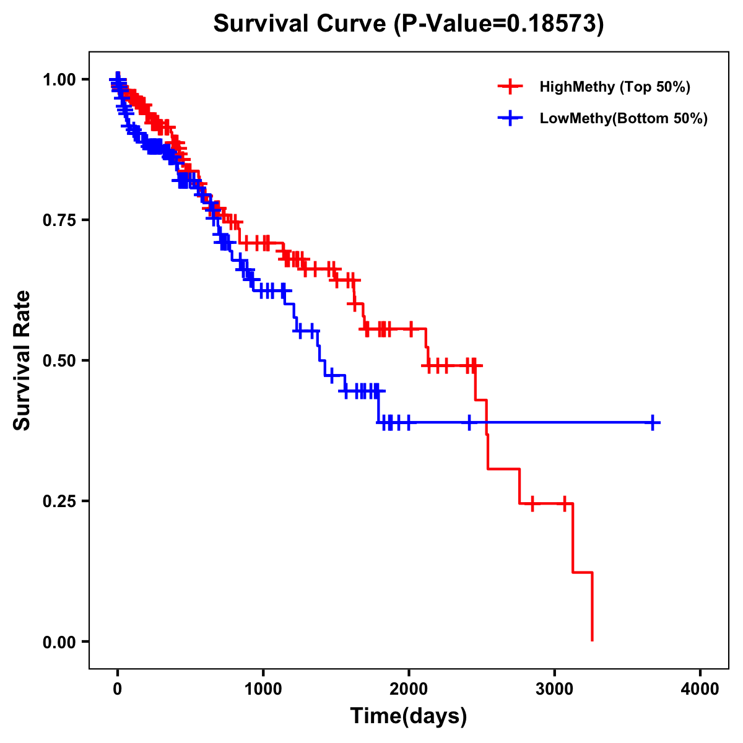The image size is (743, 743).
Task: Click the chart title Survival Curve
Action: click(x=300, y=24)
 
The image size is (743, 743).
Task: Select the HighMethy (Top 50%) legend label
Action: click(x=614, y=87)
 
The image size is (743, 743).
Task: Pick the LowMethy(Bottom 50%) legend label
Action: click(x=624, y=118)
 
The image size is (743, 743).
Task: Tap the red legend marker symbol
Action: click(x=510, y=87)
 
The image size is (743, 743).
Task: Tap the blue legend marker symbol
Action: click(x=510, y=118)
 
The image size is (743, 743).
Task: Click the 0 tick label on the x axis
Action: click(x=118, y=689)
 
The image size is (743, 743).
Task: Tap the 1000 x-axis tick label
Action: click(x=263, y=689)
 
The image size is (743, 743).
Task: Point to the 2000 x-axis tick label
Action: click(x=409, y=689)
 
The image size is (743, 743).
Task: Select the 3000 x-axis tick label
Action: click(x=555, y=689)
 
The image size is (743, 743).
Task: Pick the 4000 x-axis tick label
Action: click(x=700, y=689)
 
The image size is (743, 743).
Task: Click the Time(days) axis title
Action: click(x=409, y=716)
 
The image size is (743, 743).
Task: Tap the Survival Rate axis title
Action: click(x=23, y=360)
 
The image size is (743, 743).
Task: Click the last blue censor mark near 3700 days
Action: click(x=653, y=423)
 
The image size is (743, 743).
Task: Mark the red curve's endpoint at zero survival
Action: click(x=593, y=640)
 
